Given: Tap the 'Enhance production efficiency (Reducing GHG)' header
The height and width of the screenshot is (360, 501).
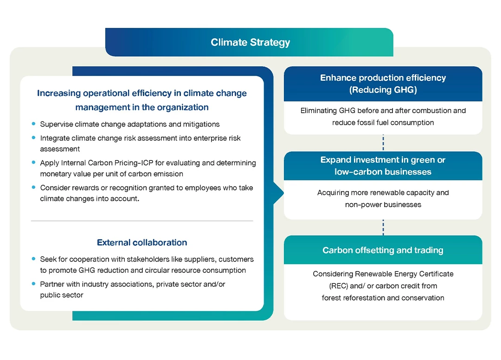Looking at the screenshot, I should tap(383, 84).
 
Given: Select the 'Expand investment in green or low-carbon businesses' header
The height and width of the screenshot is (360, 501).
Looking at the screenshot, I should tap(383, 166).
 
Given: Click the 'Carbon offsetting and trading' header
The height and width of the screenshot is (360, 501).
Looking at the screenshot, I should tap(383, 250).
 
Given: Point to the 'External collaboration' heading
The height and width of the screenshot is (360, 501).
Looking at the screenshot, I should tap(142, 243).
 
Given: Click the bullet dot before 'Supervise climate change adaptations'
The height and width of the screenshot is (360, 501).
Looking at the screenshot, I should tap(33, 124).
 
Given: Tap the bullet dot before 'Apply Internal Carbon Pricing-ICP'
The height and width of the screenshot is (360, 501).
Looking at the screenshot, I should tap(33, 163).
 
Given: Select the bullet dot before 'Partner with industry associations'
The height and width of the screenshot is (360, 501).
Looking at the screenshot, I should tap(33, 283).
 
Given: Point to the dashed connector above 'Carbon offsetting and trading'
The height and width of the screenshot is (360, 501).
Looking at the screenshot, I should tap(383, 227).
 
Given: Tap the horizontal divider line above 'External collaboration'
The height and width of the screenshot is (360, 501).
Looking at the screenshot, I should tap(142, 221).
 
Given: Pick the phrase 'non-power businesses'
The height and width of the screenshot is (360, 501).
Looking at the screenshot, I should tap(383, 205).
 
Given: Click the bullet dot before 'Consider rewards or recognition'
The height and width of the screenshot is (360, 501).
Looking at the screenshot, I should tap(33, 187).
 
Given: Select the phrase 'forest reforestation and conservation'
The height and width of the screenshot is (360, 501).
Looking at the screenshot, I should tap(383, 298).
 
